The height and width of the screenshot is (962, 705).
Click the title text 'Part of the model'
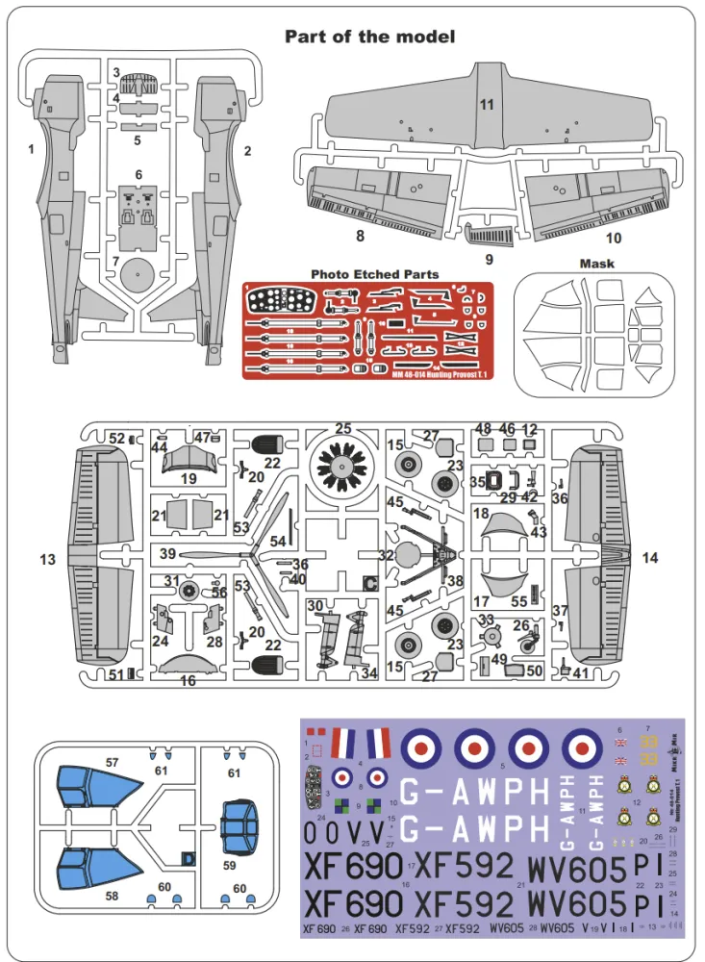(369, 37)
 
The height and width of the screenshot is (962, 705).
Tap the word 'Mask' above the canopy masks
(597, 264)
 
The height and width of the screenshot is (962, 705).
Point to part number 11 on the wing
(487, 104)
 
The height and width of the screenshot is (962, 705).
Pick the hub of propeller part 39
(252, 555)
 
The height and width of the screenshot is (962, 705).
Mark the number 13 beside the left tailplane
(49, 559)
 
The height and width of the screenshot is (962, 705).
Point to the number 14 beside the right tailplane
(651, 558)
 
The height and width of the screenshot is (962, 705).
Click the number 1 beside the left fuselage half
(31, 149)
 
